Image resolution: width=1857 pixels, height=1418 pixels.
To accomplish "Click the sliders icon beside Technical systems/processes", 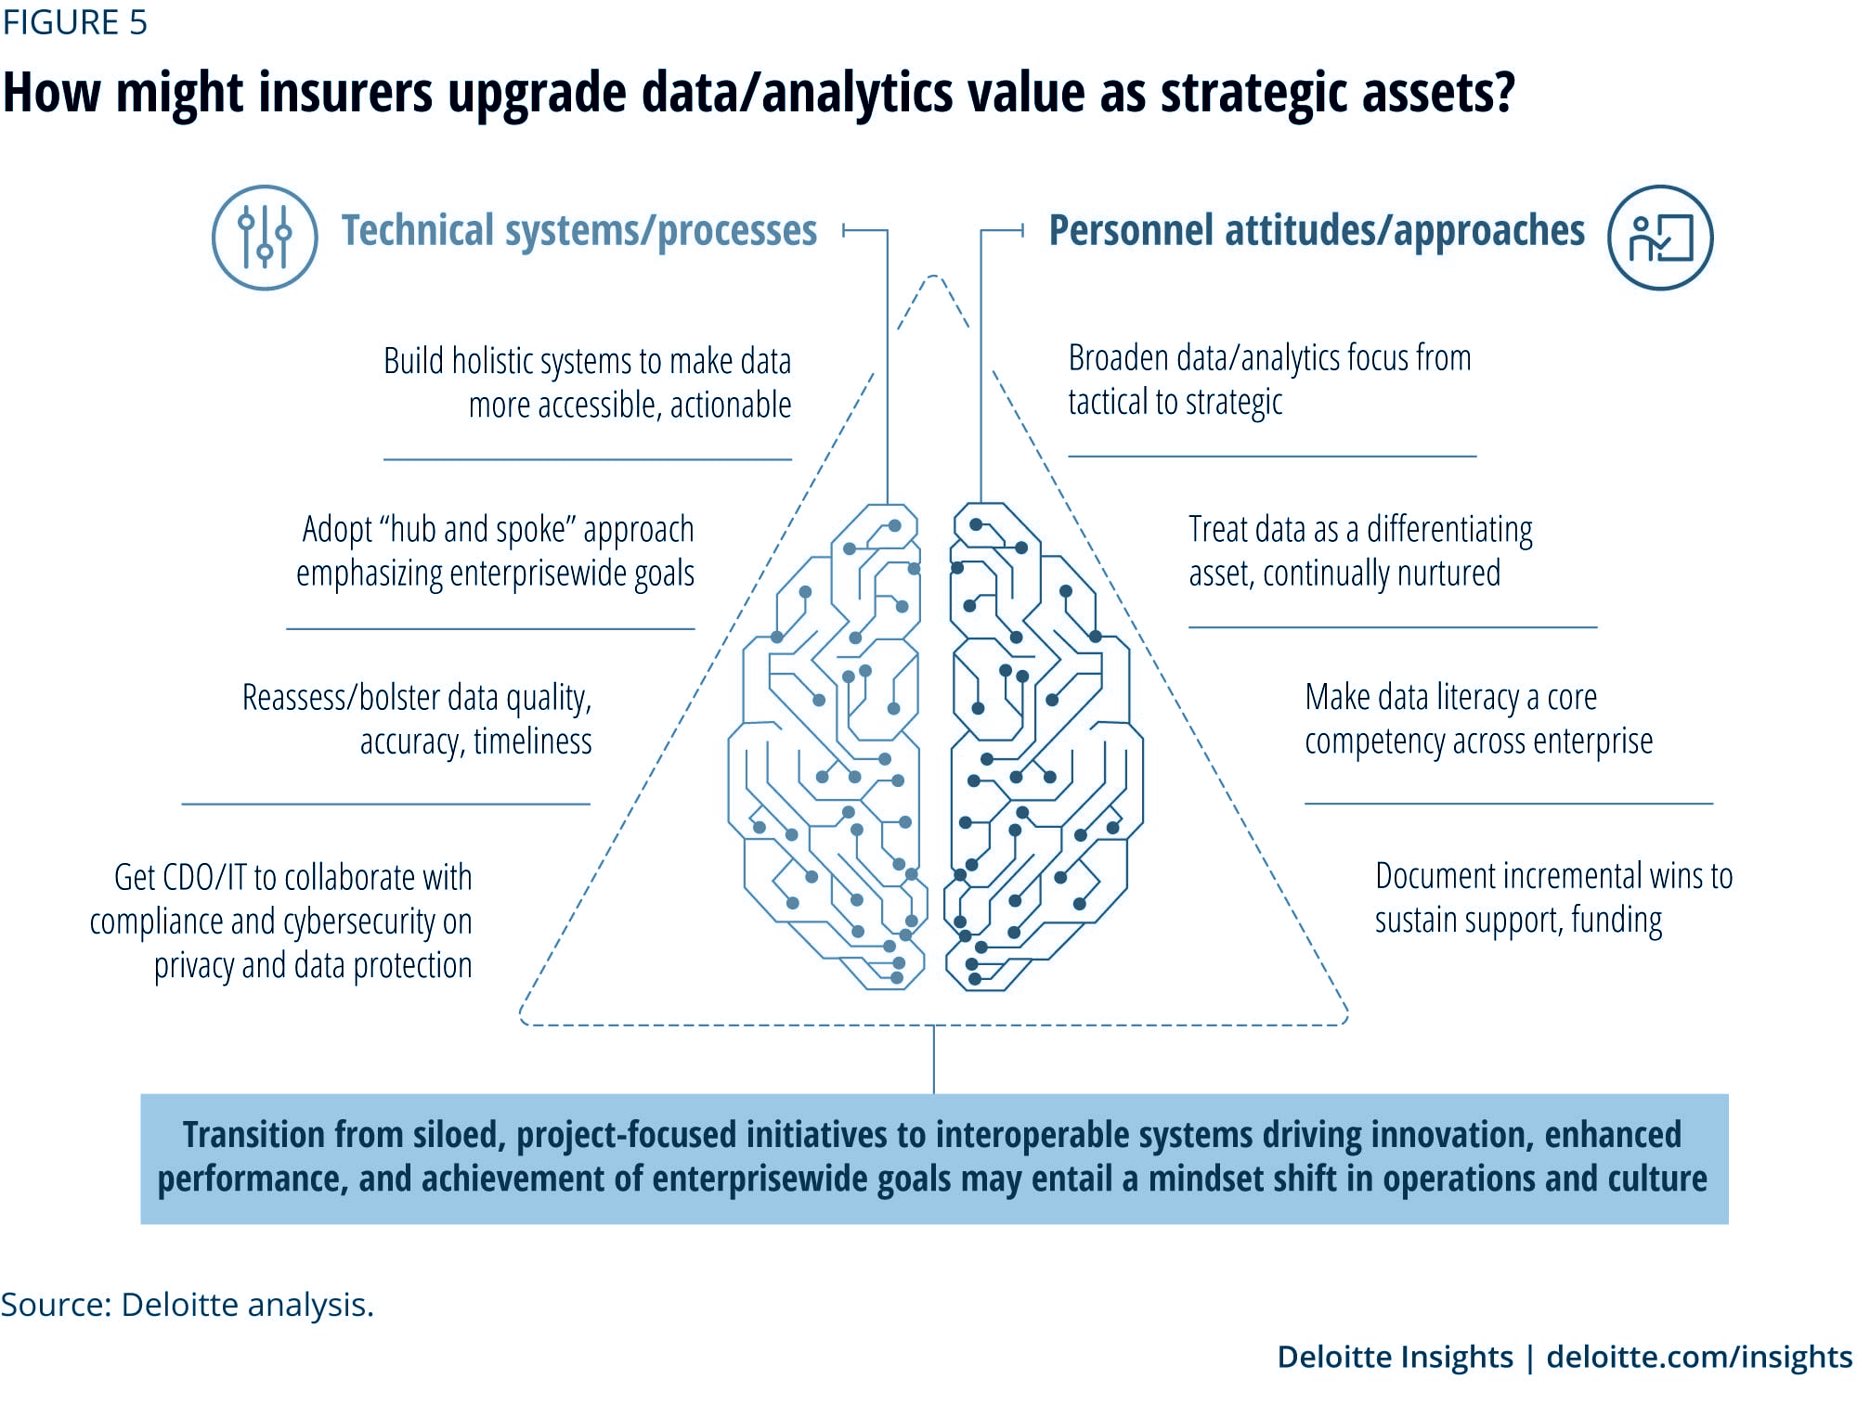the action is coord(265,238).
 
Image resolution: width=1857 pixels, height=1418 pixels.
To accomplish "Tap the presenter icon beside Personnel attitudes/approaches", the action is coord(1660,238).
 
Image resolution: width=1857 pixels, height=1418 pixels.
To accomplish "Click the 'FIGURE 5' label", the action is coord(74,22).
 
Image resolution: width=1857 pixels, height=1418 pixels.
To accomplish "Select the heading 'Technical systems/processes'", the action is coord(579,230).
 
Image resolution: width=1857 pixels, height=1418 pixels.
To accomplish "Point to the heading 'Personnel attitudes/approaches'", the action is coord(1317,230).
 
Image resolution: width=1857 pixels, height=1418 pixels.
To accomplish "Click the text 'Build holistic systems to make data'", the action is coord(587,361).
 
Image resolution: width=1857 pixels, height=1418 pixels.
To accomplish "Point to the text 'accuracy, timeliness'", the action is coord(475,741).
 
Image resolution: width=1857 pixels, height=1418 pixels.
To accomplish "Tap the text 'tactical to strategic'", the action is coord(1175,402).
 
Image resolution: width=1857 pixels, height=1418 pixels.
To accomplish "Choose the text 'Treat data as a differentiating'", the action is coord(1360,529).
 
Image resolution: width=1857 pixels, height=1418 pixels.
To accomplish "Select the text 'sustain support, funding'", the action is coord(1518,921).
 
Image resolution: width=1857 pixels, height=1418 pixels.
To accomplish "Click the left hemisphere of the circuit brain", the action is coord(826,747).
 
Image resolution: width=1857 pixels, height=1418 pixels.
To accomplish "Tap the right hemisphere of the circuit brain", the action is coord(1044,747).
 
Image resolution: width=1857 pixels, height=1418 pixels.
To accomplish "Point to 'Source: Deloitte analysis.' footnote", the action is coord(187,1304).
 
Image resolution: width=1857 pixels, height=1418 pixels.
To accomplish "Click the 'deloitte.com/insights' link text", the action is coord(1699,1357).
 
